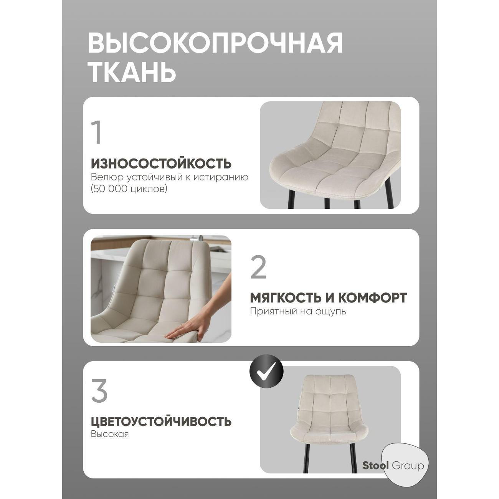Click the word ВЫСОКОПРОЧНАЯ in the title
click(215, 43)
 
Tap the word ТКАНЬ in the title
click(132, 71)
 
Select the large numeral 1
click(97, 133)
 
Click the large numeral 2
click(258, 268)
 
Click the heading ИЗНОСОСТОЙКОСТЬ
click(161, 164)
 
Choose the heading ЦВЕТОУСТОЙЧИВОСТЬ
click(161, 421)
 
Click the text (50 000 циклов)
click(129, 189)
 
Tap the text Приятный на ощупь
click(298, 311)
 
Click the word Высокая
click(110, 434)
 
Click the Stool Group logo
click(394, 466)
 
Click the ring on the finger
click(182, 325)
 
